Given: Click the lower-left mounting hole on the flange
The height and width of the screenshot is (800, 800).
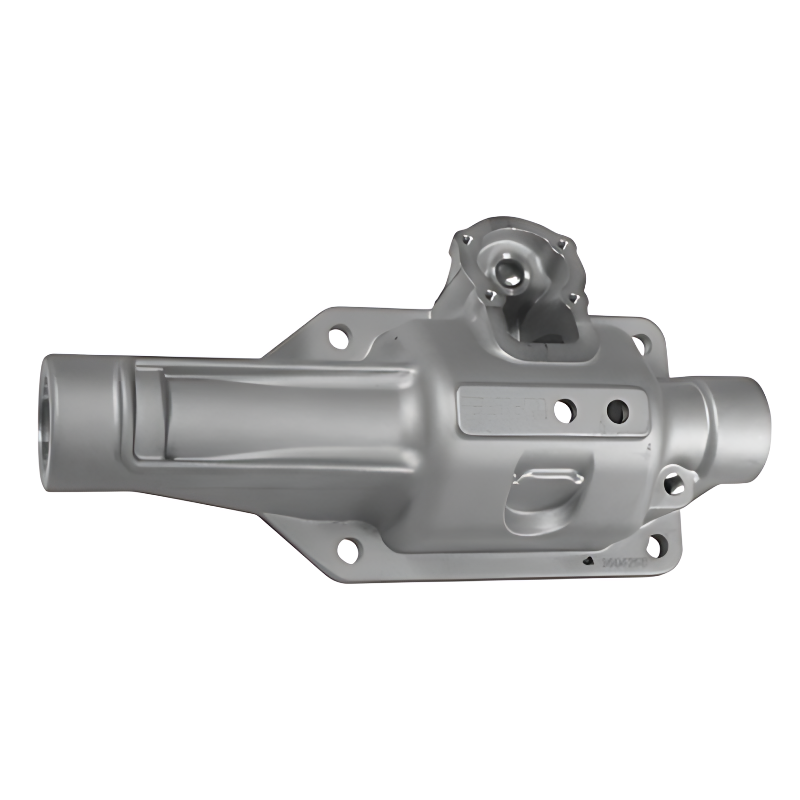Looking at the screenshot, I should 349,549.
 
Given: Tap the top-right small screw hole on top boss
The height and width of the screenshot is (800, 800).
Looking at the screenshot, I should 564,245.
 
